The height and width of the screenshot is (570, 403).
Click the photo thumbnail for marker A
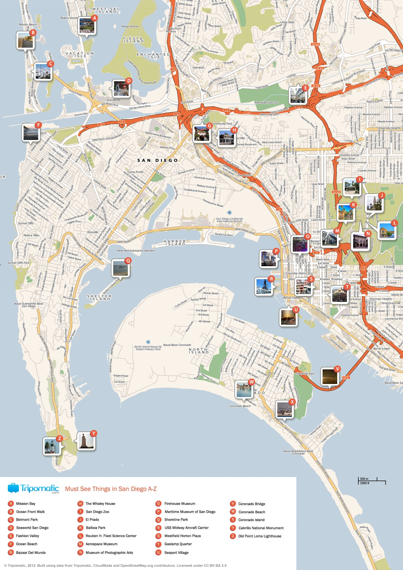pyautogui.click(x=87, y=26)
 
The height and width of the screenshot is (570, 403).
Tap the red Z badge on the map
pyautogui.click(x=60, y=438)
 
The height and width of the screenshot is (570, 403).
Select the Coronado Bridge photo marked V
pyautogui.click(x=329, y=376)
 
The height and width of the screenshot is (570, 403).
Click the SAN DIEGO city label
pyautogui.click(x=157, y=160)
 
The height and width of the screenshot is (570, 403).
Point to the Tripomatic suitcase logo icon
pyautogui.click(x=13, y=488)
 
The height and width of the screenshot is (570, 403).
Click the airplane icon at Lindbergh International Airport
pyautogui.click(x=230, y=213)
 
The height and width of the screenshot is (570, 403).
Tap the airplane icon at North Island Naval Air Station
pyautogui.click(x=148, y=342)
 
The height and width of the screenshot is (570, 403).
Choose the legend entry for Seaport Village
pyautogui.click(x=176, y=552)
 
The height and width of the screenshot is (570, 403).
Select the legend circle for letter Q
pyautogui.click(x=158, y=519)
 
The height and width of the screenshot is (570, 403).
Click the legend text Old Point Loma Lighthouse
pyautogui.click(x=259, y=536)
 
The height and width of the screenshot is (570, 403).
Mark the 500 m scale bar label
pyautogui.click(x=364, y=479)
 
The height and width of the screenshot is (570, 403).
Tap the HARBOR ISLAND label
pyautogui.click(x=174, y=243)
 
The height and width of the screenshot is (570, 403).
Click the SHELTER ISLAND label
pyautogui.click(x=99, y=297)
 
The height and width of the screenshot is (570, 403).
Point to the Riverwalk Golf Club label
pyautogui.click(x=266, y=103)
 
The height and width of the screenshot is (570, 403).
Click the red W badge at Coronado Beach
pyautogui.click(x=252, y=382)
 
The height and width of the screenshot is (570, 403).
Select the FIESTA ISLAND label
pyautogui.click(x=133, y=40)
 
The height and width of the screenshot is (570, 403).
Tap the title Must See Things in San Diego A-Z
pyautogui.click(x=111, y=489)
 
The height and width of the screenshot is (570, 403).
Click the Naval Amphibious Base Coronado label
pyautogui.click(x=298, y=452)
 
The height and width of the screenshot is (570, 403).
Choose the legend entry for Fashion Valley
pyautogui.click(x=27, y=536)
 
